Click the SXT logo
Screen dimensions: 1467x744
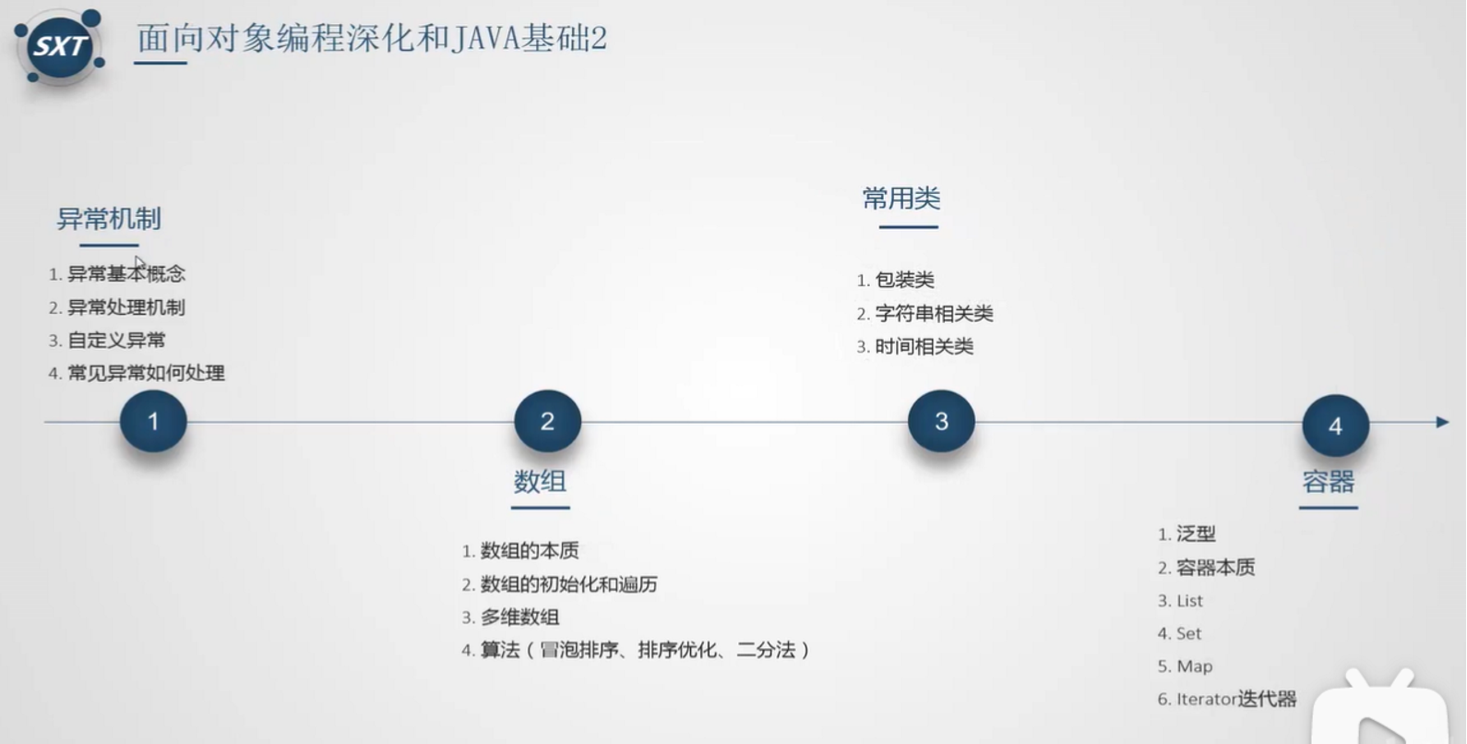point(59,46)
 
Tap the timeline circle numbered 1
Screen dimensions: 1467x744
point(153,422)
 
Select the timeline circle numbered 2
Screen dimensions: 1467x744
point(547,422)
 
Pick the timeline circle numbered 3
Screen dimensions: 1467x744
point(941,422)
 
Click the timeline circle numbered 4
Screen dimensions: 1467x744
point(1335,426)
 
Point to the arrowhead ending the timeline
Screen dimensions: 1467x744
point(1442,422)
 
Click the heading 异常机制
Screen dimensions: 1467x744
point(109,219)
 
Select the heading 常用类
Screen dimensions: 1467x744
point(900,198)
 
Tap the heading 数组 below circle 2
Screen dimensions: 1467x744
point(540,481)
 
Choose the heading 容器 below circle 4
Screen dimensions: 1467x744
point(1328,481)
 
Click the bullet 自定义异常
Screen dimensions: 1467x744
point(116,340)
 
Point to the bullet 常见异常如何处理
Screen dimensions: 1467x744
point(146,373)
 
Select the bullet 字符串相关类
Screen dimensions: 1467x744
point(934,313)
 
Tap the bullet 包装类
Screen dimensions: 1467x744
point(904,280)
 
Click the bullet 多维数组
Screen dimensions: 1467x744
point(519,617)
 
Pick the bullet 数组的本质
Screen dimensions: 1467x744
point(530,550)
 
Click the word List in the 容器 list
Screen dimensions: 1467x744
point(1189,600)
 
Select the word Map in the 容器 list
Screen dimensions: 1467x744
point(1194,666)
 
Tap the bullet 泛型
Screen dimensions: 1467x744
point(1196,534)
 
